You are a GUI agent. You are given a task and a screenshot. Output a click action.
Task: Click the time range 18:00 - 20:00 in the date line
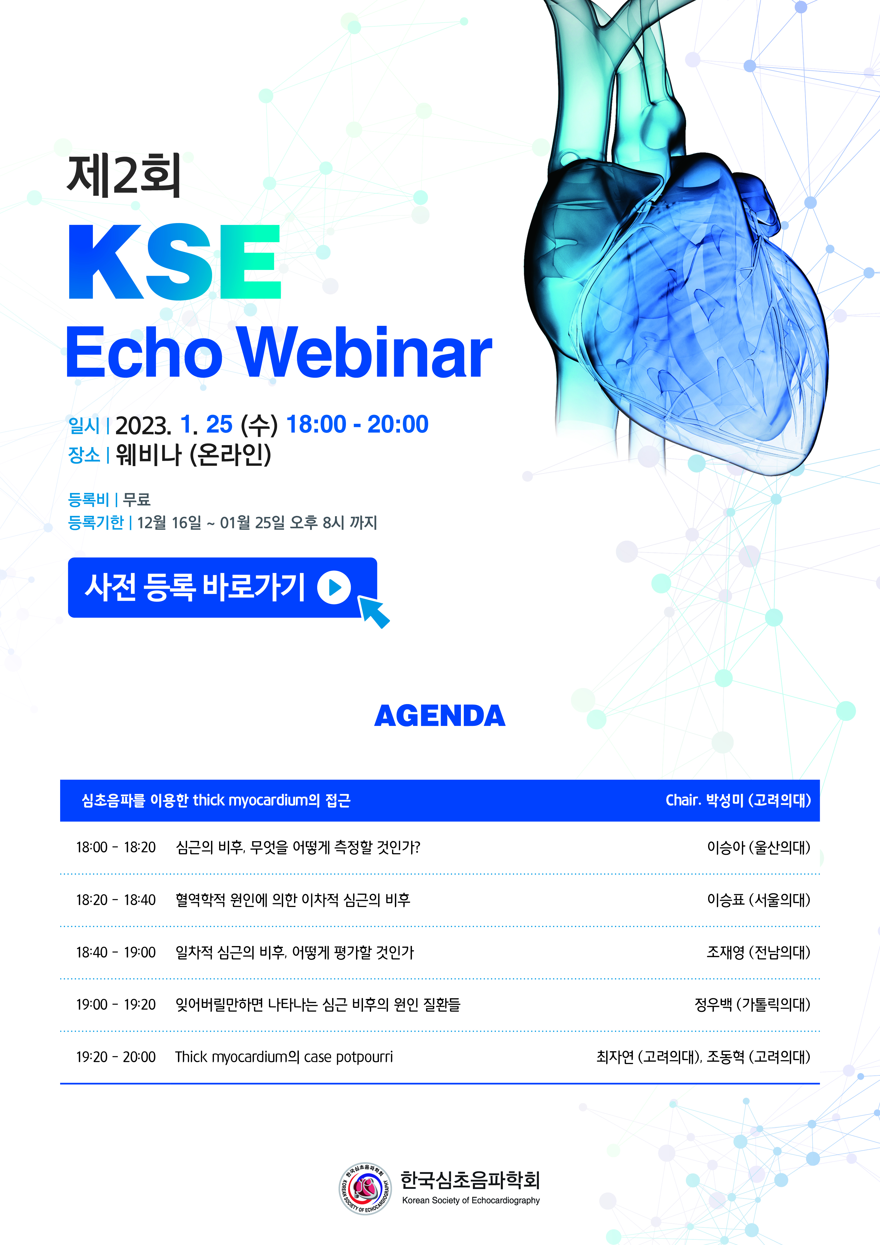[357, 424]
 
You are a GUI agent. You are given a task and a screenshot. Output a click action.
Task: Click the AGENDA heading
[440, 716]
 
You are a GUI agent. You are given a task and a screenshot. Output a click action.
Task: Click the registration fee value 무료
[137, 499]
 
